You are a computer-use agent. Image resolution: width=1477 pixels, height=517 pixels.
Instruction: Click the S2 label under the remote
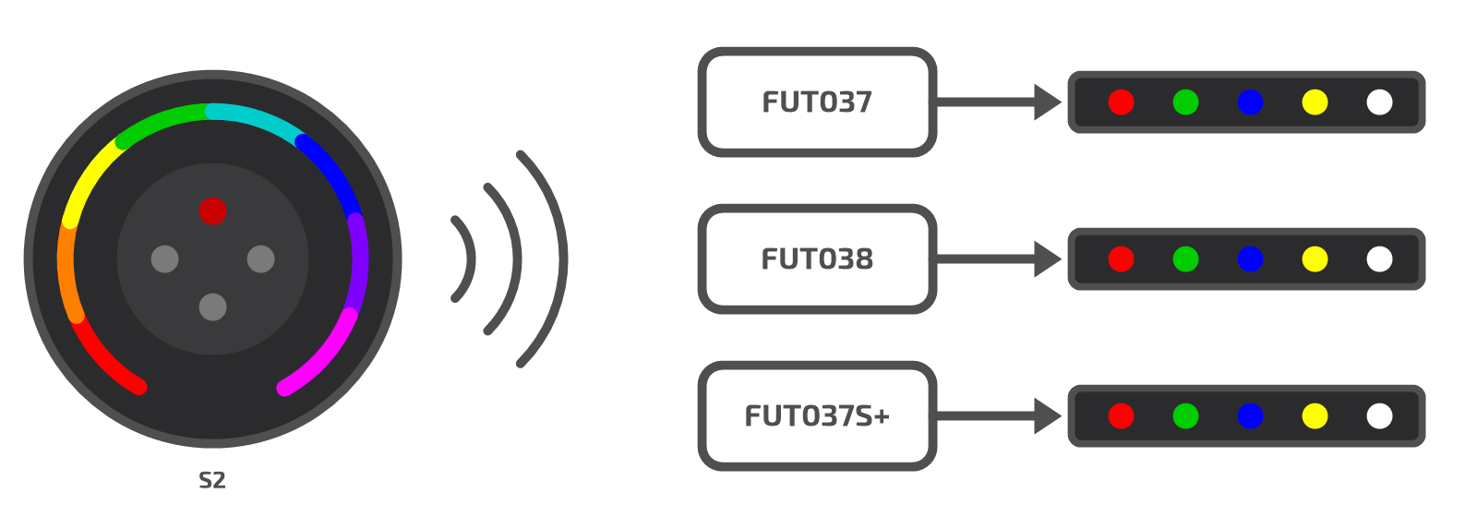(x=212, y=480)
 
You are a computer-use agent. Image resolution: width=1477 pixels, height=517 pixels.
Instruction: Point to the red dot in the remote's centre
(x=213, y=211)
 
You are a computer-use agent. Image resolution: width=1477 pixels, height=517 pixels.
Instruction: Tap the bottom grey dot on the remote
(x=213, y=307)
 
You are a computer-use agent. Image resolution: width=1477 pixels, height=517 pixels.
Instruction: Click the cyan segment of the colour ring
(x=258, y=119)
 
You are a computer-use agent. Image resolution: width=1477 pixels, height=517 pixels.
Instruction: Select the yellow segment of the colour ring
(x=89, y=178)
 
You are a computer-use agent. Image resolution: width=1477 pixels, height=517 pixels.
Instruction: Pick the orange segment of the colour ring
(x=66, y=271)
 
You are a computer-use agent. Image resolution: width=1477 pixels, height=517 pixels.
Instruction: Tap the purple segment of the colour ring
(x=359, y=264)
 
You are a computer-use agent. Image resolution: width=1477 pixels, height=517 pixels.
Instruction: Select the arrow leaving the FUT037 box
(x=998, y=102)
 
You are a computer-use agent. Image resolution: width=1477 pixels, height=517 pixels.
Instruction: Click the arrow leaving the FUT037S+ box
(x=998, y=416)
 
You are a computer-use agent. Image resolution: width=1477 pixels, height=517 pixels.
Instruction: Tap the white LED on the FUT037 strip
(x=1379, y=102)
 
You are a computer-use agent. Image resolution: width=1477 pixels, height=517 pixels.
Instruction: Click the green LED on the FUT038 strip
(x=1185, y=259)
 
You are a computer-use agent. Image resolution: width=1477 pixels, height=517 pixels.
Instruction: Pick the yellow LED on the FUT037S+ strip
(x=1315, y=416)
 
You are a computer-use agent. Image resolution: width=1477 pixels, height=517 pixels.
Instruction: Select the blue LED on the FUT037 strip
(x=1250, y=102)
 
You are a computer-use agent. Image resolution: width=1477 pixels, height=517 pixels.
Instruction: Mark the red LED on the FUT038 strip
(x=1121, y=259)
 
